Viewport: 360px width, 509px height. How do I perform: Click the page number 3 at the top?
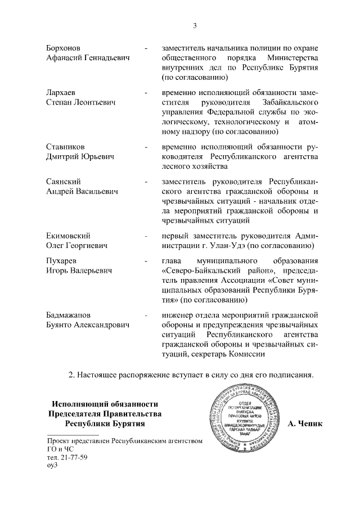click(x=194, y=25)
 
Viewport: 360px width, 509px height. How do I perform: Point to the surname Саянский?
click(x=63, y=182)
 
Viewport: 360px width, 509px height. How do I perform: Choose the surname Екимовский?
click(x=67, y=236)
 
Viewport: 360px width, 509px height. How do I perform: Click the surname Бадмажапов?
click(x=68, y=315)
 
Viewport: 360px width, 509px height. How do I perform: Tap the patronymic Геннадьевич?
click(x=106, y=57)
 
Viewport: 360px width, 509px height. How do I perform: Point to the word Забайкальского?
click(x=291, y=102)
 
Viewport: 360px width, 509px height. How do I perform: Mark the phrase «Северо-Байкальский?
click(x=197, y=272)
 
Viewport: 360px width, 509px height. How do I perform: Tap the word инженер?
click(x=177, y=315)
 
